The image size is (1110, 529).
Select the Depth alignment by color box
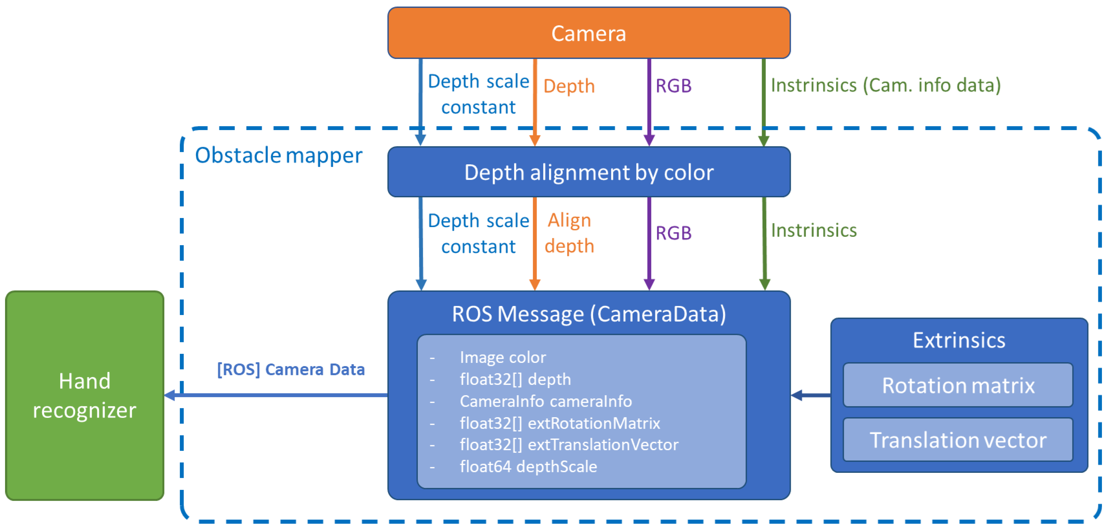pyautogui.click(x=589, y=172)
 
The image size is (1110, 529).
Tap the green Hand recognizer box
pyautogui.click(x=84, y=395)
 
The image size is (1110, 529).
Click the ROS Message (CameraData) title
pyautogui.click(x=589, y=314)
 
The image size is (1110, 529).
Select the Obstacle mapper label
pyautogui.click(x=278, y=155)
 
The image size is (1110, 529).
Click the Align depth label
pyautogui.click(x=569, y=233)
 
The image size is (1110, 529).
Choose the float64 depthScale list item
pyautogui.click(x=528, y=466)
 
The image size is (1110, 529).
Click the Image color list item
pyautogui.click(x=502, y=357)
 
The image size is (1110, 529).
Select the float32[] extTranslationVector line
pyautogui.click(x=569, y=445)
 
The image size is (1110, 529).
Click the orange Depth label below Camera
pyautogui.click(x=569, y=86)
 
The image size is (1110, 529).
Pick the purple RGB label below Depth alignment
pyautogui.click(x=674, y=233)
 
